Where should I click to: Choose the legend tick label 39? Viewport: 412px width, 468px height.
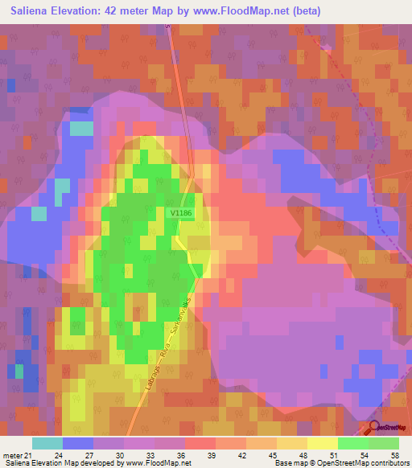click(x=211, y=454)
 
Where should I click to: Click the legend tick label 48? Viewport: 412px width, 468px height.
click(x=303, y=454)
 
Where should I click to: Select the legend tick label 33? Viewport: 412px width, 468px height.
click(x=150, y=454)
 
